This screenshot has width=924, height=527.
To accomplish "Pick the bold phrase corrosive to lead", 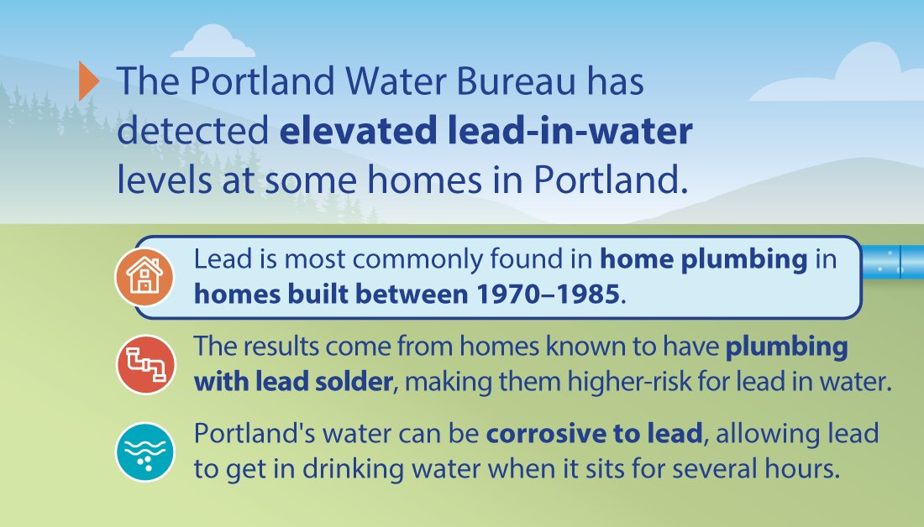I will (x=593, y=434).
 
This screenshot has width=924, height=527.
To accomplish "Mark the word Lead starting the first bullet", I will (x=223, y=258).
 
